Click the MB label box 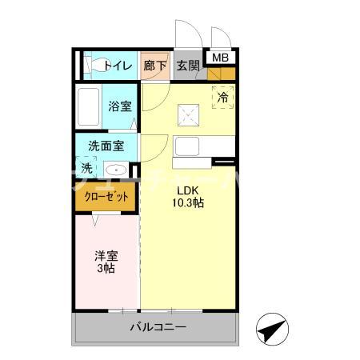pyautogui.click(x=220, y=57)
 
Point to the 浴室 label pyautogui.click(x=121, y=106)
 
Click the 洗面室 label pyautogui.click(x=106, y=146)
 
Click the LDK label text pyautogui.click(x=190, y=190)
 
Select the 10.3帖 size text pyautogui.click(x=190, y=204)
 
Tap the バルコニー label pyautogui.click(x=158, y=327)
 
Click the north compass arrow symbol pyautogui.click(x=272, y=329)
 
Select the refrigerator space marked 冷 pyautogui.click(x=224, y=98)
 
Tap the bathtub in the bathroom pyautogui.click(x=88, y=106)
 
